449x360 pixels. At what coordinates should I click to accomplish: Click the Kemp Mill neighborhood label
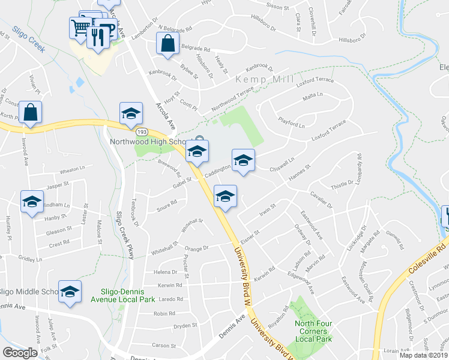tap(264, 79)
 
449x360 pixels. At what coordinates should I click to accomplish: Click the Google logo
tap(20, 352)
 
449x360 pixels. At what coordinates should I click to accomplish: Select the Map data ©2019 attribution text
tap(424, 355)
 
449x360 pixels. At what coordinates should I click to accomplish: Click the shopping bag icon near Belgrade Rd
tap(167, 44)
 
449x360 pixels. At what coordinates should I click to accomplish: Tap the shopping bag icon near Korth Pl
tap(30, 112)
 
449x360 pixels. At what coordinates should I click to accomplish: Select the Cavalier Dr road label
tap(321, 200)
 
